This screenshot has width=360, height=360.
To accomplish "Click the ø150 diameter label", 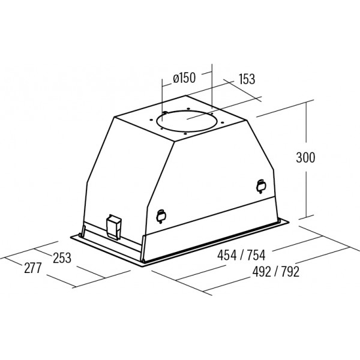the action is [184, 78].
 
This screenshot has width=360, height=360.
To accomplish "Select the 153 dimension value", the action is [247, 79].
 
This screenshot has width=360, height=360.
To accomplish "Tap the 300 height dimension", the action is [305, 157].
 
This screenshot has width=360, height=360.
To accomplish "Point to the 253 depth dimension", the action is [62, 258].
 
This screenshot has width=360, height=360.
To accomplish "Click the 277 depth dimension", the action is [33, 268].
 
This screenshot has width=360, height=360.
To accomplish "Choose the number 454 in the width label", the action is [227, 255].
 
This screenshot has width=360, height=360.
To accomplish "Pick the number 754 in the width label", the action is [256, 255].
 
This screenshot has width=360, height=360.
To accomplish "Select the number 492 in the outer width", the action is [262, 272].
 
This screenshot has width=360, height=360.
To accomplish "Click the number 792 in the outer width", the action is [290, 272].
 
